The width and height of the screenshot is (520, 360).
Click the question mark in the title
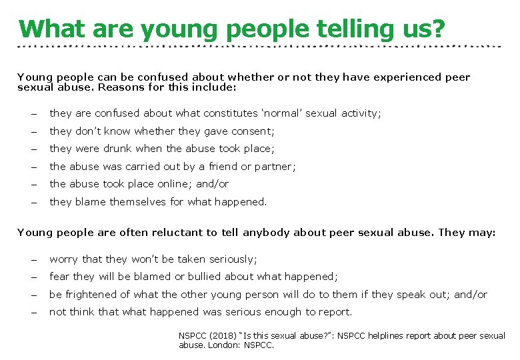tap(438, 29)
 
